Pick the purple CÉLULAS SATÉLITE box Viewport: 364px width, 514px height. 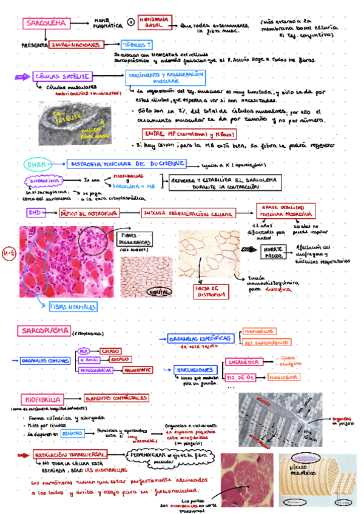tap(54, 76)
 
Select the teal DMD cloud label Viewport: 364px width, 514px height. tap(36, 164)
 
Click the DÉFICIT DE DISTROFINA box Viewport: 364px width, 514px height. tap(90, 213)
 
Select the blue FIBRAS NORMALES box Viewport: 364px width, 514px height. tap(73, 307)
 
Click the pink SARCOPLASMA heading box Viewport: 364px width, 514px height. tap(42, 331)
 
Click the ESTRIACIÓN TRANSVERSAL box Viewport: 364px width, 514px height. tap(71, 455)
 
